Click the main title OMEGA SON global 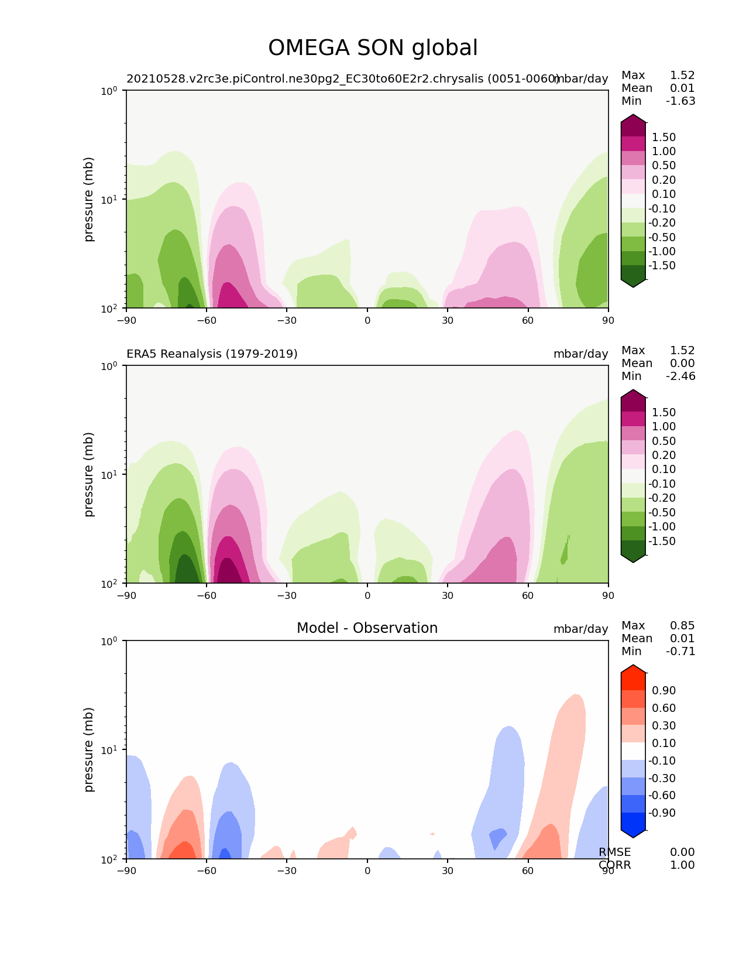tap(373, 48)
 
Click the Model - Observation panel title tap(367, 628)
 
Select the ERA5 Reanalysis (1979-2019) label tap(212, 354)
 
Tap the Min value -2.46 tap(680, 376)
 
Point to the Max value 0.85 tap(682, 626)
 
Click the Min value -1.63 tap(680, 101)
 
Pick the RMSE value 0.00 tap(682, 852)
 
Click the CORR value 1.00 tap(682, 865)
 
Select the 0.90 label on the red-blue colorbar tap(664, 691)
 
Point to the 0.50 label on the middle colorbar tap(664, 441)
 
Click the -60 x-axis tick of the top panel tap(207, 320)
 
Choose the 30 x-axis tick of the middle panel tap(448, 595)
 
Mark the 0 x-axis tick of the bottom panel tap(367, 871)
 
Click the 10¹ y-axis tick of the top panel tap(109, 199)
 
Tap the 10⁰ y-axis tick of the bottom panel tap(109, 641)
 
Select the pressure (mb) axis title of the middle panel tap(89, 474)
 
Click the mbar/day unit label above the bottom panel tap(580, 629)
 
